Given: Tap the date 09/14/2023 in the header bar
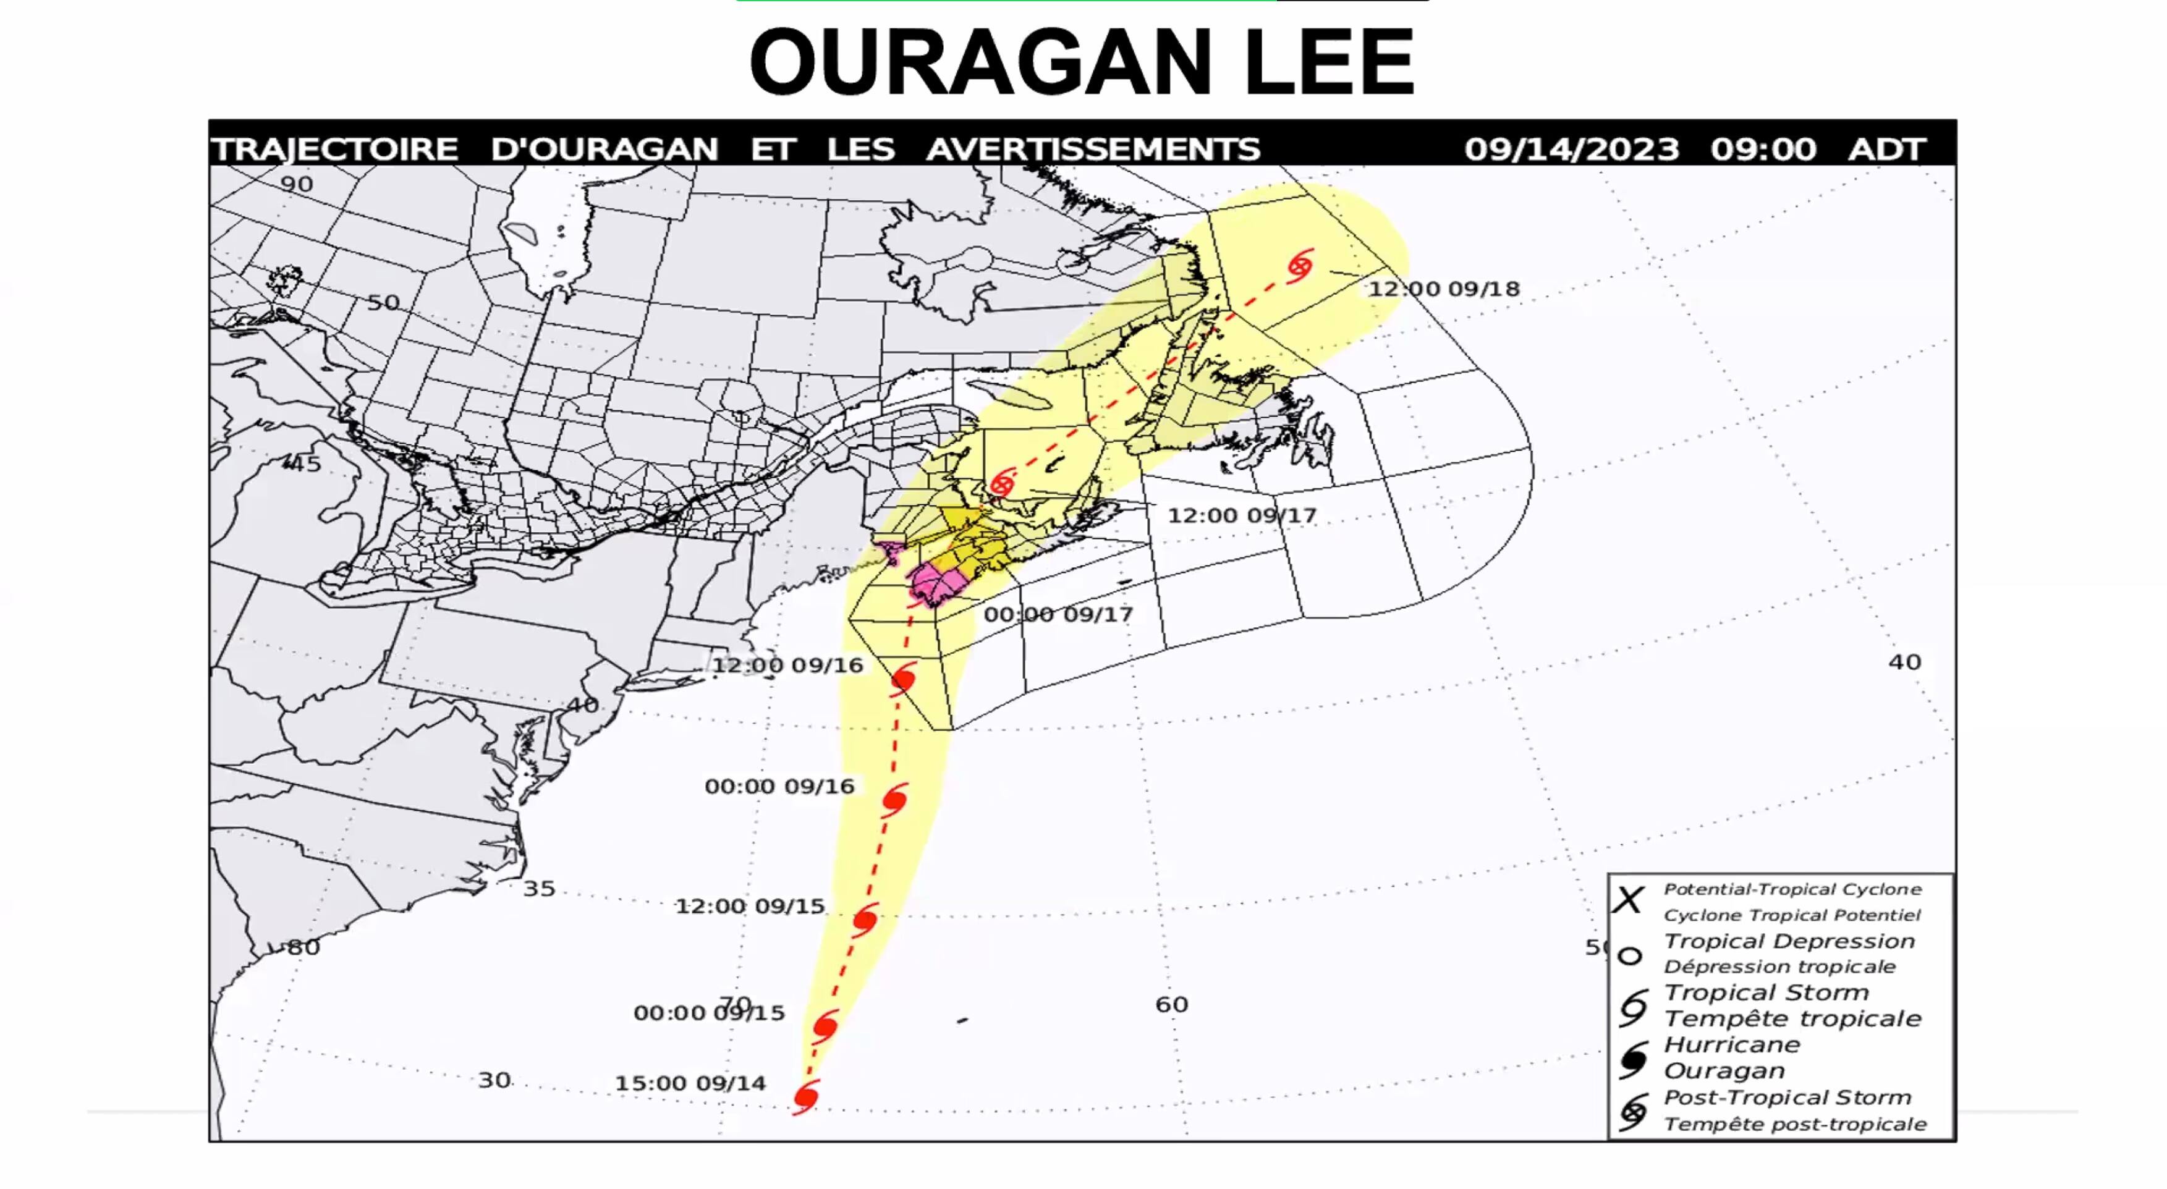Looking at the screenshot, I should pos(1571,150).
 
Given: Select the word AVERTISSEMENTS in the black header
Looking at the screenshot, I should pos(1093,150).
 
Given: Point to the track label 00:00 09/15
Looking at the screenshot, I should pos(708,1012).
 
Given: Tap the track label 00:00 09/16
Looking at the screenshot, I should pos(779,786).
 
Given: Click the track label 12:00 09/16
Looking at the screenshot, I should pos(787,665).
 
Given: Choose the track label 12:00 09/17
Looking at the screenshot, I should pos(1242,515).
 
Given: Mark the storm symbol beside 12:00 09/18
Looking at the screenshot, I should pos(1300,265).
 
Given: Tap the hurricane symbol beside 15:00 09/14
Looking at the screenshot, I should pos(806,1098).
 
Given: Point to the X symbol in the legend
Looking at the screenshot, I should pos(1628,900).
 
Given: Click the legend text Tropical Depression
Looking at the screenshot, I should pos(1789,941).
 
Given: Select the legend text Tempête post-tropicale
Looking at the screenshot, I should pos(1794,1124).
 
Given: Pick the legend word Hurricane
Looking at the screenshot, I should pos(1731,1045).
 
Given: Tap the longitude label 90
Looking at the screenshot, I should pos(296,184).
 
